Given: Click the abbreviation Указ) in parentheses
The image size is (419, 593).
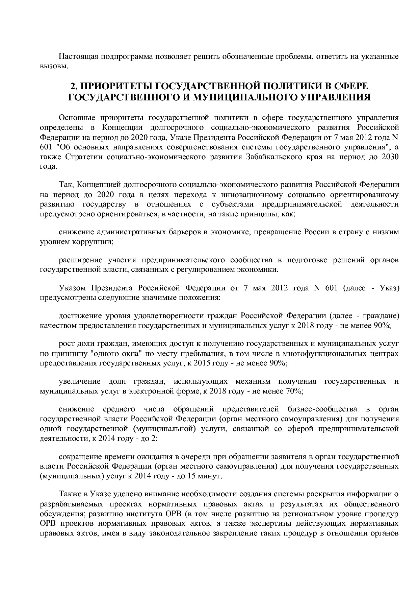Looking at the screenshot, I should coord(389,288).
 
